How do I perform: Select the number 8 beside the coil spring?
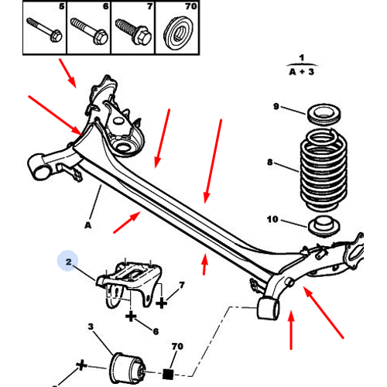pyautogui.click(x=269, y=163)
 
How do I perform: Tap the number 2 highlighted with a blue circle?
pyautogui.click(x=68, y=263)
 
